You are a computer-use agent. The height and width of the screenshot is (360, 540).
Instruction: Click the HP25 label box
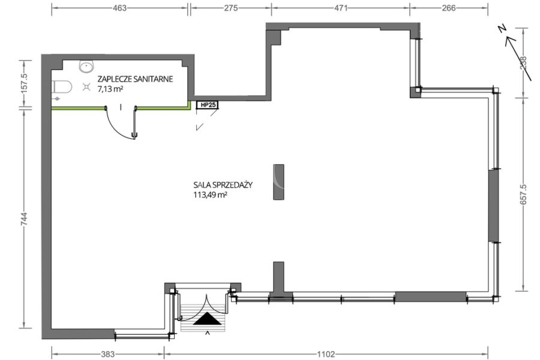[x=208, y=105]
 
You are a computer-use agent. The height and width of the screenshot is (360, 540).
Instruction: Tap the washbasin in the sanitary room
[x=86, y=66]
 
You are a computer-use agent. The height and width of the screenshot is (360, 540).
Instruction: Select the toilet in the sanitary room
[x=62, y=87]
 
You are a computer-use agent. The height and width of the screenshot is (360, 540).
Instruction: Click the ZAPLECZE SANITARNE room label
[x=135, y=79]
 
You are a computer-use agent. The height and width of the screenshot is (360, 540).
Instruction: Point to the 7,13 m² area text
[x=110, y=89]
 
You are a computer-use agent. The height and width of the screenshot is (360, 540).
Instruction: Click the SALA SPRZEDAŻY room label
[x=223, y=185]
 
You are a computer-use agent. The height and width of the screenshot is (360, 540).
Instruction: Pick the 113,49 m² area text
[x=210, y=195]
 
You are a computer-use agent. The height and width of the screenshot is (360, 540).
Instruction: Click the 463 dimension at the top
[x=119, y=8]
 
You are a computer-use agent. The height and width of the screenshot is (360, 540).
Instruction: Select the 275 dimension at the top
[x=231, y=8]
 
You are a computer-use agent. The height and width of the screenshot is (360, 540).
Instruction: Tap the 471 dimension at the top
[x=341, y=8]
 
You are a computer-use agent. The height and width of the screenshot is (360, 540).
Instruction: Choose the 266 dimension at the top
[x=448, y=8]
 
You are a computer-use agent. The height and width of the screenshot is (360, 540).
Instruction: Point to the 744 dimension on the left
[x=24, y=219]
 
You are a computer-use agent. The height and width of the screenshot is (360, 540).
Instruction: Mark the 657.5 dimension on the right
[x=523, y=194]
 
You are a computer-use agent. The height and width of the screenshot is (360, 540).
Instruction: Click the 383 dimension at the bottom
[x=108, y=354]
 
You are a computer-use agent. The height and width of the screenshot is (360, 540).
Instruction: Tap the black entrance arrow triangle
[x=207, y=319]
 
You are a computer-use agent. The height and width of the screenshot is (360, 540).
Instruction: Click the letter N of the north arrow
[x=502, y=29]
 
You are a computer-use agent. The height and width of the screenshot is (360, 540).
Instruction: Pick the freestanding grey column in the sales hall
[x=278, y=182]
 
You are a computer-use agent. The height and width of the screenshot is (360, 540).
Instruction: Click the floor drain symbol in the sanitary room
[x=86, y=87]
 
